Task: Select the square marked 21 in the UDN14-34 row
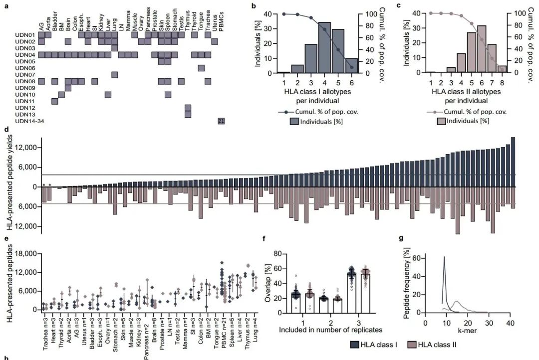(221, 121)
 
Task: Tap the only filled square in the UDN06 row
(201, 68)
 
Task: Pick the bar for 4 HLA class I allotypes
(324, 47)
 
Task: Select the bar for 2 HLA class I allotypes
(297, 69)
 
